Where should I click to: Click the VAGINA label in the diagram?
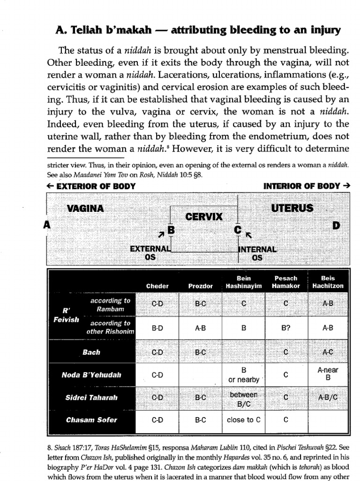85,208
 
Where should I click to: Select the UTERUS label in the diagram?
292,208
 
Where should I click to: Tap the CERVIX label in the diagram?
204,217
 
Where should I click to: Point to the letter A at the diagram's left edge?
46,225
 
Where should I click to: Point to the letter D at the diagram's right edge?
336,225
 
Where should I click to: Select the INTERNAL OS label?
258,253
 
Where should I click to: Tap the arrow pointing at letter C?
249,233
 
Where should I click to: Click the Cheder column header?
157,286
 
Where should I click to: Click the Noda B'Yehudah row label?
91,374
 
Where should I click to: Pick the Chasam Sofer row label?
91,420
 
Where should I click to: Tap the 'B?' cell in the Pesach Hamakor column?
285,329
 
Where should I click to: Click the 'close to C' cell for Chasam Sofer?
243,420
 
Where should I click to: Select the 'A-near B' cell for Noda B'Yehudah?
328,374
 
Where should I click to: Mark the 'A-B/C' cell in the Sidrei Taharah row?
328,397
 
